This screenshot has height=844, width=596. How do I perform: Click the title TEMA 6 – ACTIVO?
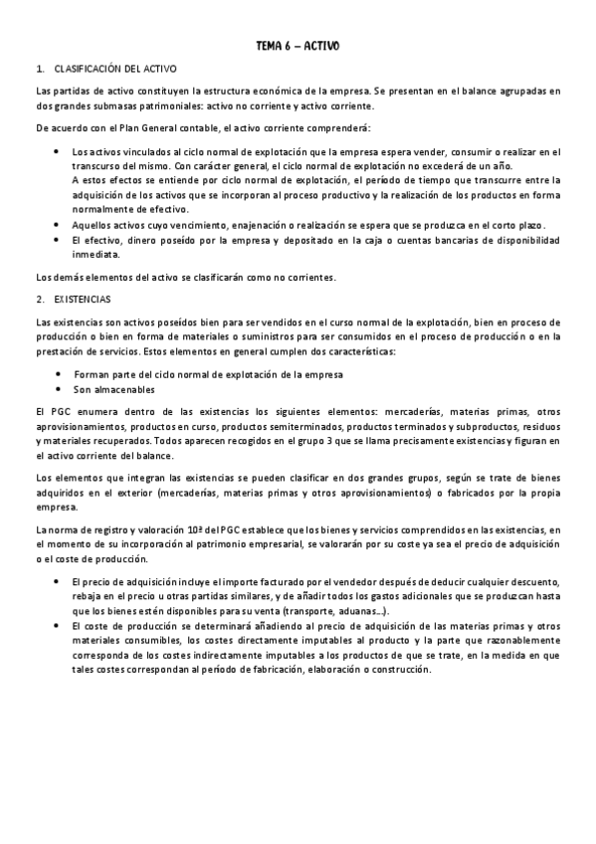click(298, 46)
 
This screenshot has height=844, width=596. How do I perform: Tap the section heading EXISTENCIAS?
click(83, 298)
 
